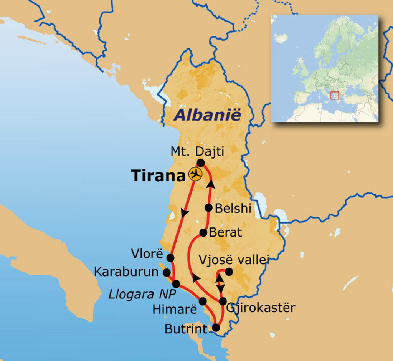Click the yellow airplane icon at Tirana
(196, 174)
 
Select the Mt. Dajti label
(197, 151)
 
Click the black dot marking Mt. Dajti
(200, 163)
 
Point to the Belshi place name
(233, 209)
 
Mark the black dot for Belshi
(209, 208)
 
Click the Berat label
(225, 232)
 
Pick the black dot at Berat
(203, 232)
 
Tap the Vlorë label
(147, 254)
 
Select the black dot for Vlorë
(170, 258)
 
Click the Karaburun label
(126, 272)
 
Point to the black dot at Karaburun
(167, 272)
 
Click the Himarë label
(175, 309)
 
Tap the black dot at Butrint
(216, 328)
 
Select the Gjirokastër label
(261, 308)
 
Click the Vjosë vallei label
(234, 260)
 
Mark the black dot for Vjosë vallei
(228, 272)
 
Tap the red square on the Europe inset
(334, 95)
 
